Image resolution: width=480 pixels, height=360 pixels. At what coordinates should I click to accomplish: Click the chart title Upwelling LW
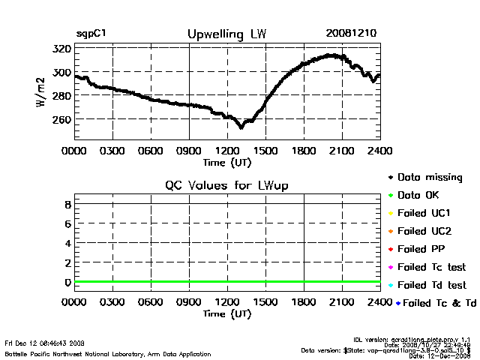(x=226, y=34)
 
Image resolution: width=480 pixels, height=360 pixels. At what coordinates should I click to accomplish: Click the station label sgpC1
(x=90, y=34)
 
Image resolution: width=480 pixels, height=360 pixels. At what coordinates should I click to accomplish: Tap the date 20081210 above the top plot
(x=352, y=34)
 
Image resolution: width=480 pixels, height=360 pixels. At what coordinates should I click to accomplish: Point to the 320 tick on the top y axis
(x=61, y=49)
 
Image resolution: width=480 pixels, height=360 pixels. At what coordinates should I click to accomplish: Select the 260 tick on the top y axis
(x=61, y=119)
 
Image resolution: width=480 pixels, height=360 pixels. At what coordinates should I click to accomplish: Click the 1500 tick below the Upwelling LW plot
(x=265, y=150)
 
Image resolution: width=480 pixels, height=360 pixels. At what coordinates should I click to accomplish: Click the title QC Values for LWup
(x=226, y=185)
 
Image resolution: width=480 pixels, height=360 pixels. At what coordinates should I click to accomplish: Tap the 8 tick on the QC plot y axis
(x=67, y=204)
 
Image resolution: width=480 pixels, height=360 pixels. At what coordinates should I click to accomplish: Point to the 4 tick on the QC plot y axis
(x=67, y=243)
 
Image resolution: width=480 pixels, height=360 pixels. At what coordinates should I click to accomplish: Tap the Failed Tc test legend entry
(x=430, y=267)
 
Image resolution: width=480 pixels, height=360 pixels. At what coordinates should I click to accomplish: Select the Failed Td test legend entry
(x=430, y=285)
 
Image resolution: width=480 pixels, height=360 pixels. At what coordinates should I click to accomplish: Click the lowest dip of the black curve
(x=241, y=127)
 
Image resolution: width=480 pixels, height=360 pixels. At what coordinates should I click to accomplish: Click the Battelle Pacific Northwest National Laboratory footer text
(x=107, y=353)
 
